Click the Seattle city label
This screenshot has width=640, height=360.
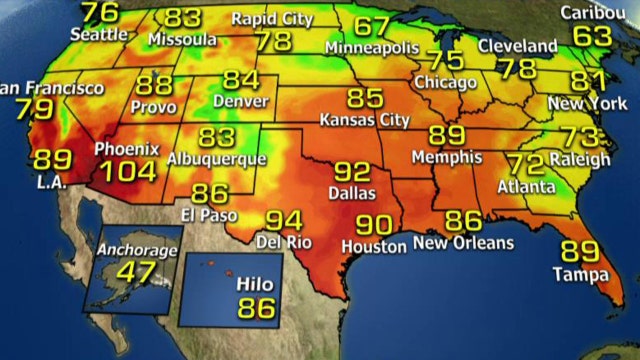point(100,34)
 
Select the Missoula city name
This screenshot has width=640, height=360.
point(183,39)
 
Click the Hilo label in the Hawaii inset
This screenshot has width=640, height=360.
point(254,285)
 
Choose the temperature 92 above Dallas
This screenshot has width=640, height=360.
point(353,172)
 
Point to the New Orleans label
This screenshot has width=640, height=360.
point(463,243)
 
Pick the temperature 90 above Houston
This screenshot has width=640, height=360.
point(372,225)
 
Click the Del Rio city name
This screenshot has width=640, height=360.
point(285,242)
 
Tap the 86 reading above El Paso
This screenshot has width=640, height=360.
point(210,193)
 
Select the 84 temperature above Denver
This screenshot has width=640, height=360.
point(241,80)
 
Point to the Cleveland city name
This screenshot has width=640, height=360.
point(517,47)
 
